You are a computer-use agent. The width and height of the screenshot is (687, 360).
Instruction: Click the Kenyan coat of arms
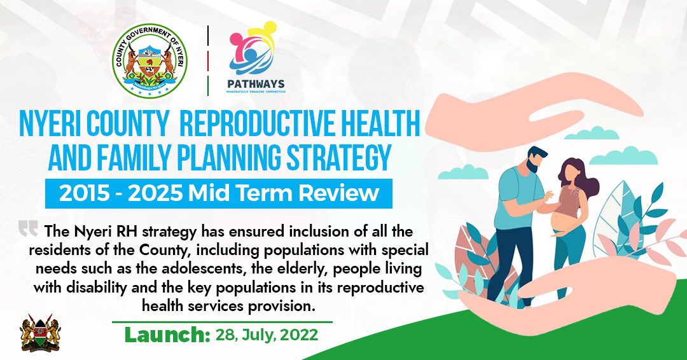pyautogui.click(x=40, y=332)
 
